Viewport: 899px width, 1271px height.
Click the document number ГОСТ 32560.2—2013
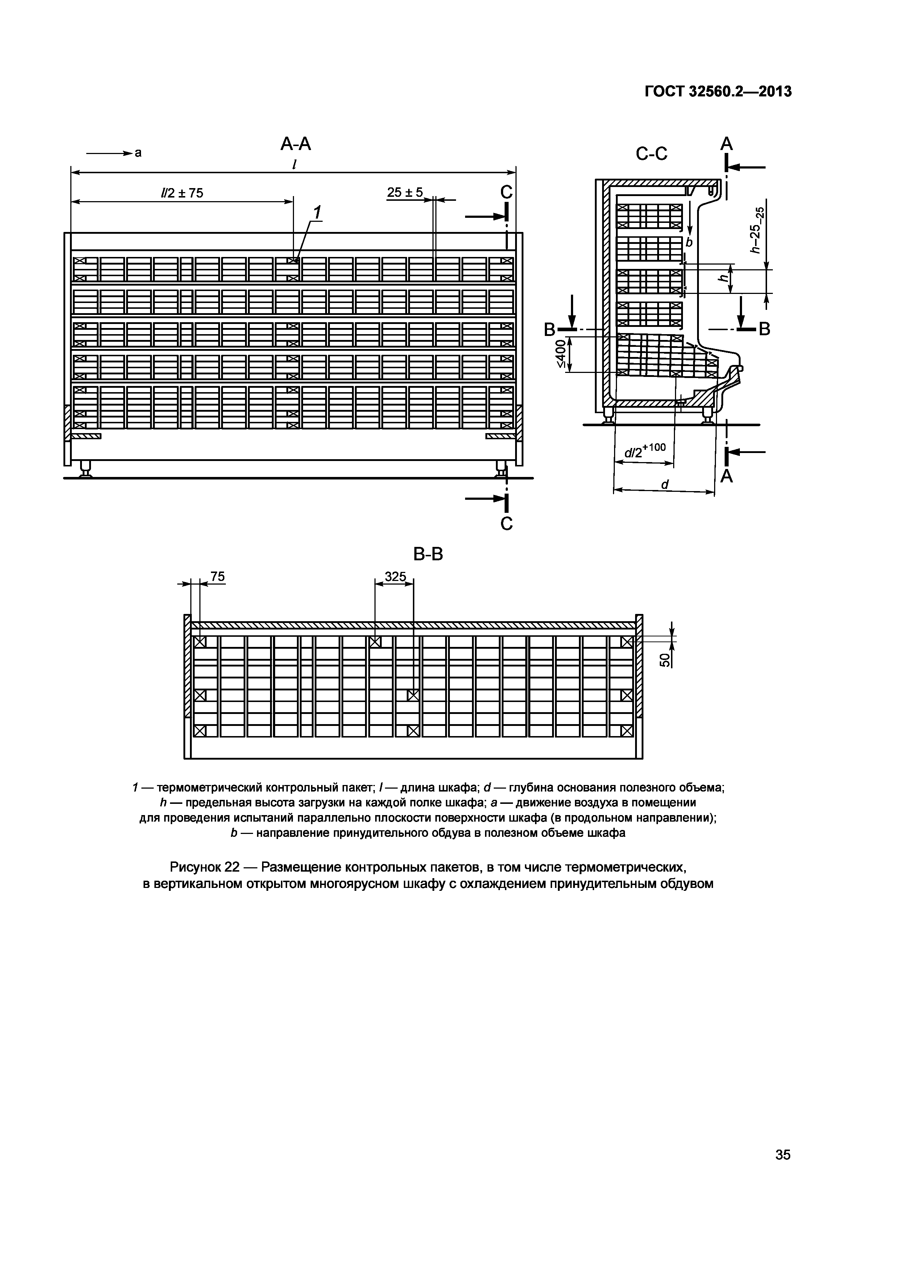718,91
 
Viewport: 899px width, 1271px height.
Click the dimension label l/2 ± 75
182,193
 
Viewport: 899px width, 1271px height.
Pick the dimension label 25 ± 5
405,192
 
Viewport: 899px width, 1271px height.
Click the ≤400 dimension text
561,354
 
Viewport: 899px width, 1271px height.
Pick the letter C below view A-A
506,523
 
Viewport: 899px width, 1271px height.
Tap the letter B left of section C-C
549,330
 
